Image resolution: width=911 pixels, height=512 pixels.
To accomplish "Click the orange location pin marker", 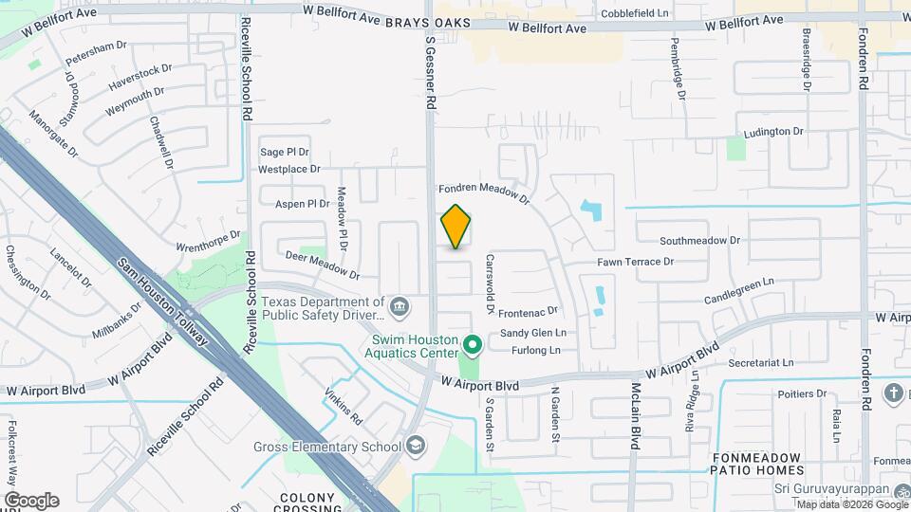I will tap(455, 227).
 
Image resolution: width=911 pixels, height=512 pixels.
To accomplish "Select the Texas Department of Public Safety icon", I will tap(400, 306).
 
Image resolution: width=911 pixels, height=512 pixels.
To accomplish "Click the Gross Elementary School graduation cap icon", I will tap(415, 446).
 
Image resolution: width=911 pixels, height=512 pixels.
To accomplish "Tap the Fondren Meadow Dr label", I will tap(482, 192).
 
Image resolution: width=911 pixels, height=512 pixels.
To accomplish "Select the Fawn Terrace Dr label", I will tap(635, 262).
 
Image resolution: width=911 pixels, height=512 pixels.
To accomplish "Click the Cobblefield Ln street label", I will tap(637, 14).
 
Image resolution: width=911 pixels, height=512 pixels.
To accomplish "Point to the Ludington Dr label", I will tap(772, 132).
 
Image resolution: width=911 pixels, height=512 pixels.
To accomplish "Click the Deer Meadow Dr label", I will tap(323, 265).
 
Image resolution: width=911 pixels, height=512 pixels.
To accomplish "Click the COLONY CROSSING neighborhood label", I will tap(308, 503).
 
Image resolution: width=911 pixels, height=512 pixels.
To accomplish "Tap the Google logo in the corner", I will tap(30, 501).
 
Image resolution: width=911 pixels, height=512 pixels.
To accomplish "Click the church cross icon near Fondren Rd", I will tap(893, 393).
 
